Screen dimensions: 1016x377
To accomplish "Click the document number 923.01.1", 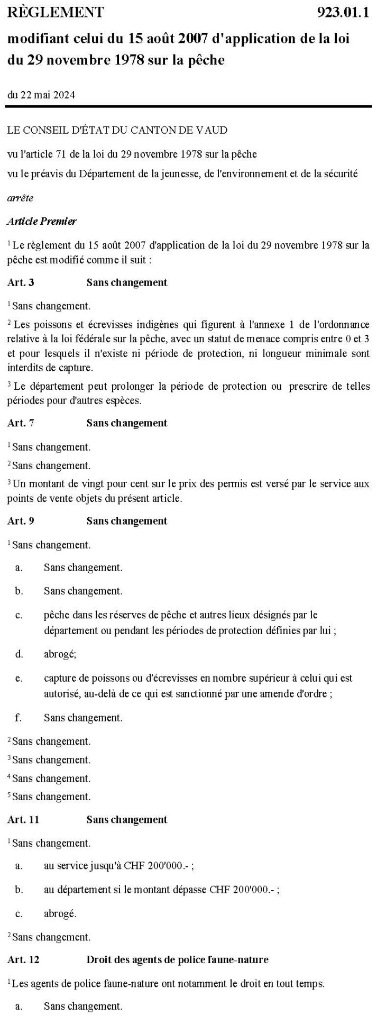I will point(342,12).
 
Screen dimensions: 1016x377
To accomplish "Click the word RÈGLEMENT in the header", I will point(56,12).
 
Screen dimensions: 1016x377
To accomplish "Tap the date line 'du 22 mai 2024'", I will point(41,95).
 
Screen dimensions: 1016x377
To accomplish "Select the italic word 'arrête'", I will point(20,198).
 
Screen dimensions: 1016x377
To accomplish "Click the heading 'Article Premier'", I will point(42,222).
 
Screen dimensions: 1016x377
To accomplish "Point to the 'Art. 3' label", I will point(21,282).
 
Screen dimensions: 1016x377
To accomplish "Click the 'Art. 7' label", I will point(21,423).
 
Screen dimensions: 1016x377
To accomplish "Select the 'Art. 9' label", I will point(21,521).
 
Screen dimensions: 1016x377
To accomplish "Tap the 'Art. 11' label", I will point(23,820).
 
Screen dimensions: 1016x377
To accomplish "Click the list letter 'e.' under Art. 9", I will point(19,678).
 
